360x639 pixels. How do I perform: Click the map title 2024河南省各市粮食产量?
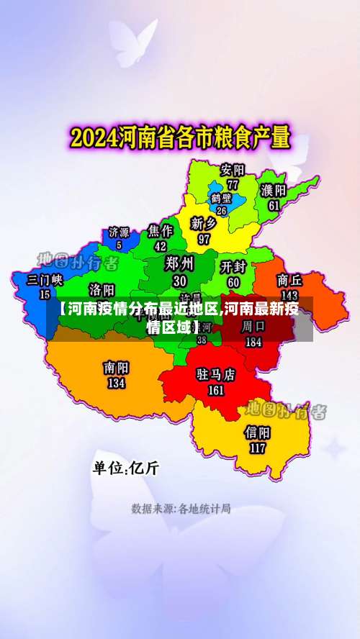(x=179, y=137)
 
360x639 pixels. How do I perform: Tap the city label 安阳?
(x=233, y=171)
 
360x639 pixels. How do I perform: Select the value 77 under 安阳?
(x=233, y=184)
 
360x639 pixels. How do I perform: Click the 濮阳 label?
(x=274, y=191)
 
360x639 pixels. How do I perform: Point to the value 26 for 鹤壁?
(x=221, y=211)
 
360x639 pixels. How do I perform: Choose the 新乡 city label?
(x=204, y=224)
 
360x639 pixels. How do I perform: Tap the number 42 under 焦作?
(x=161, y=245)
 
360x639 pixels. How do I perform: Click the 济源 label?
(x=120, y=232)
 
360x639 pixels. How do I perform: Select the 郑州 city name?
(x=179, y=263)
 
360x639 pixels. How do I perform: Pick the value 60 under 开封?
(x=233, y=283)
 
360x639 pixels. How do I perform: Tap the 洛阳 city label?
(x=102, y=289)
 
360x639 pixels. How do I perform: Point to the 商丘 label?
(x=289, y=280)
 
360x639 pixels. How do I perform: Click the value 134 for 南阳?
(x=116, y=384)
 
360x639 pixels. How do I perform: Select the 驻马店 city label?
(x=216, y=375)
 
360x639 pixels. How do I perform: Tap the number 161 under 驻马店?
(x=216, y=391)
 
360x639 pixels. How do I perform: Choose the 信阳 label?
(x=258, y=432)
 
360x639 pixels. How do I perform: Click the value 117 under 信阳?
(x=258, y=448)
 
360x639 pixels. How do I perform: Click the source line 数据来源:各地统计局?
(x=181, y=509)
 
